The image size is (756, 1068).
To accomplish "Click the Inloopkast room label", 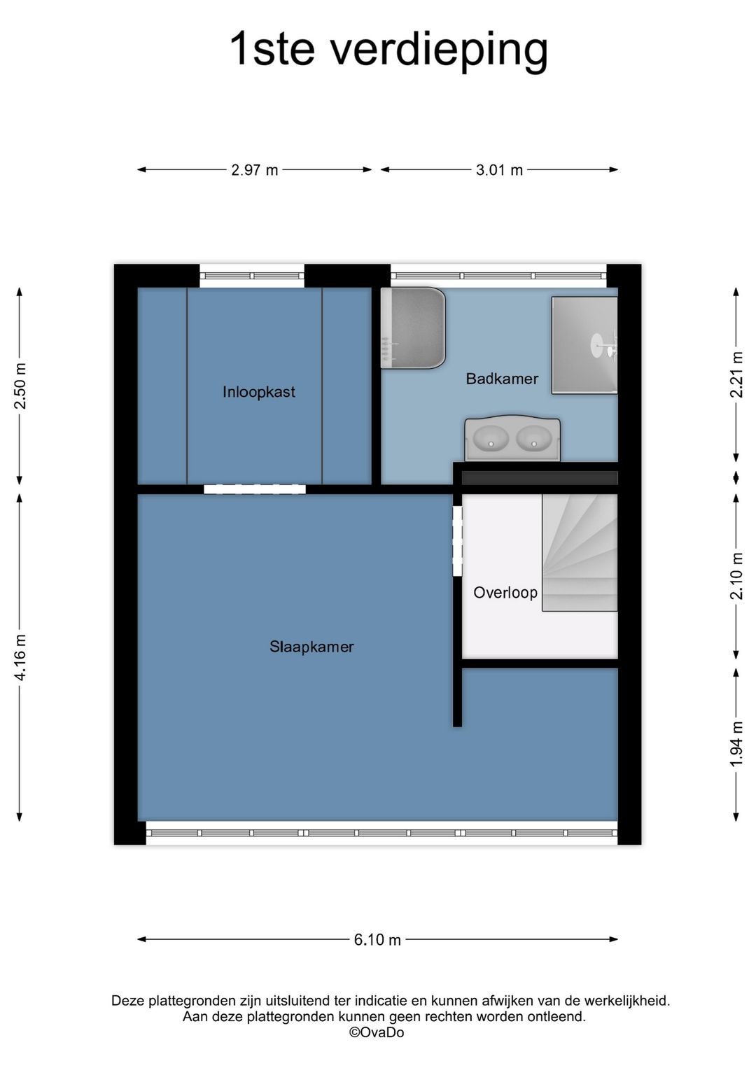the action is tap(258, 392).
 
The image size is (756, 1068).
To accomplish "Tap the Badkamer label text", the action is tap(502, 379).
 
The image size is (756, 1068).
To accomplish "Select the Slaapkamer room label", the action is tap(311, 647).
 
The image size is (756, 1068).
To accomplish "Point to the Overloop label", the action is tap(505, 592).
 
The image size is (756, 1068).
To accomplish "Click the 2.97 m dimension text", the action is tap(254, 170).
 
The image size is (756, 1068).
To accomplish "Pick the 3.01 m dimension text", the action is tap(499, 170).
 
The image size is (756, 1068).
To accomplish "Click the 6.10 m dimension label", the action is tap(377, 939).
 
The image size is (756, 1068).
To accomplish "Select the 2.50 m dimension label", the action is tap(20, 386).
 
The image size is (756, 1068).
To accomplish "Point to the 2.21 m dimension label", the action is tap(736, 374).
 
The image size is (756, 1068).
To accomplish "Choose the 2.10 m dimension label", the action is tap(736, 576).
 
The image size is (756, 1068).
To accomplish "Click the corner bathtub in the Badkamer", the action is tap(412, 328).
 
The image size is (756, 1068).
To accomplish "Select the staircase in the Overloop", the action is tap(580, 553).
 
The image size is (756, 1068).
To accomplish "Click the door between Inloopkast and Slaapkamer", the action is tap(255, 489).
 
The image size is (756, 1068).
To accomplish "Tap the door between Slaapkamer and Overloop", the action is tap(457, 541).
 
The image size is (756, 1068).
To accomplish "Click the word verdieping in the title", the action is tap(440, 52).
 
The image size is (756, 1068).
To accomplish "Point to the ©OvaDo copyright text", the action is tap(377, 1032).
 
